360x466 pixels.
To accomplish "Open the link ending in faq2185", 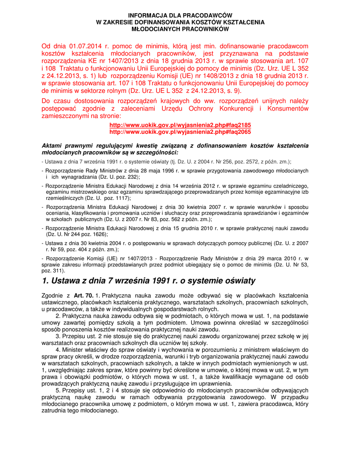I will pos(180,125).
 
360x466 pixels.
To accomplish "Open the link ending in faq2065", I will pos(180,131).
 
